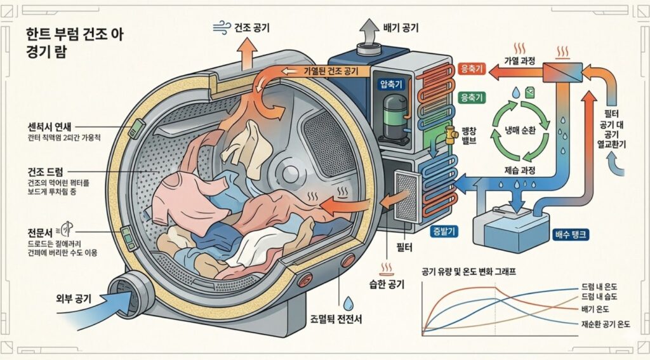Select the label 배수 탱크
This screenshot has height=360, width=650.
point(573,234)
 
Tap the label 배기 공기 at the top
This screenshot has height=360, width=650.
point(401,27)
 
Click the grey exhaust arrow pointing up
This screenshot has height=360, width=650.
point(368,32)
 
